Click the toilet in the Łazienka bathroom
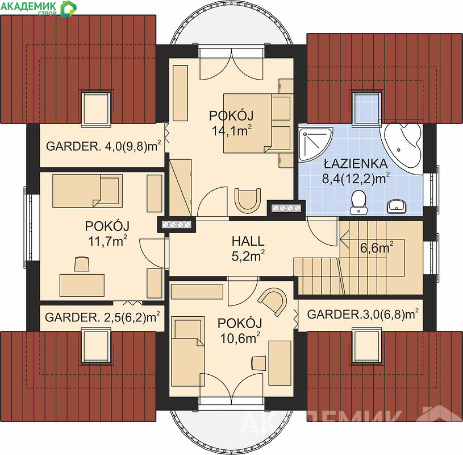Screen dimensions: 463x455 [358, 202]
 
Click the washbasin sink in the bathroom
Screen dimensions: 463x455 [396, 206]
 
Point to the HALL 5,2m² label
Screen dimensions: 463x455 [248, 249]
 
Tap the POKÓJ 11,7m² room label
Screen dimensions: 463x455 [107, 234]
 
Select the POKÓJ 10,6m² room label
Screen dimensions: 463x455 [240, 331]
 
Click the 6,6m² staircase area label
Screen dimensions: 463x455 [377, 248]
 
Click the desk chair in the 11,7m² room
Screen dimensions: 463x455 [82, 264]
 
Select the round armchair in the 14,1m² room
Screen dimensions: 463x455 [248, 200]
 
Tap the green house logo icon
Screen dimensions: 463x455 [69, 9]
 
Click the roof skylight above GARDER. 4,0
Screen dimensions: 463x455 [96, 109]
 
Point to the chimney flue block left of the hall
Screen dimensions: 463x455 [177, 225]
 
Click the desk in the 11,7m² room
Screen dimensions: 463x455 [82, 286]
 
